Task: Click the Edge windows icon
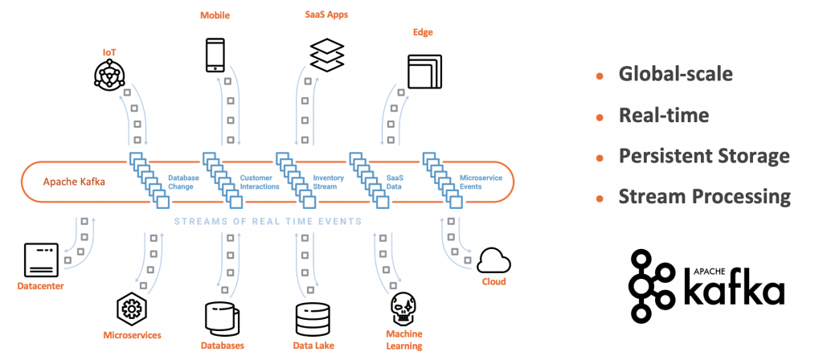click(425, 71)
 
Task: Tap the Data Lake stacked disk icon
click(313, 318)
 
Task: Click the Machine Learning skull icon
click(403, 309)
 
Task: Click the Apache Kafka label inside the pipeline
click(72, 182)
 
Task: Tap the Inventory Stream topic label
click(331, 182)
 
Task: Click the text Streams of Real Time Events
click(267, 221)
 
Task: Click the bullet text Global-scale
click(675, 75)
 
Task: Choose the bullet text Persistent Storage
click(703, 155)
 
